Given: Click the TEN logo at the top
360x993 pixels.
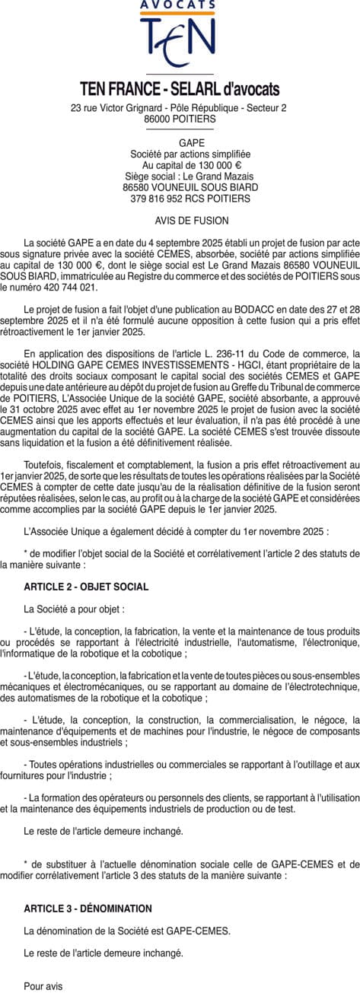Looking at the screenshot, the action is pyautogui.click(x=180, y=42).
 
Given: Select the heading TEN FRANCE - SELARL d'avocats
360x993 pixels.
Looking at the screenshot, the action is pyautogui.click(x=180, y=89).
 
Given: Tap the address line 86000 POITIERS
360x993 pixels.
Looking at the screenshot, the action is pyautogui.click(x=180, y=119).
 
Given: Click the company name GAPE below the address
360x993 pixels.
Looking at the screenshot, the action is pyautogui.click(x=180, y=142).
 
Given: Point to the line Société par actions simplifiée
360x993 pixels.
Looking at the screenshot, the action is pyautogui.click(x=180, y=154).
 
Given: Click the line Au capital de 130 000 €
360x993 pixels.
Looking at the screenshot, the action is pyautogui.click(x=180, y=165).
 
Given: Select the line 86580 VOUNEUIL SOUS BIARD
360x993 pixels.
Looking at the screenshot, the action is pyautogui.click(x=180, y=187).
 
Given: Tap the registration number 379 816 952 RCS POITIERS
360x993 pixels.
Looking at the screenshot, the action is pyautogui.click(x=180, y=199).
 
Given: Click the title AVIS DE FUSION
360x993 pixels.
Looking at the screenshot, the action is pyautogui.click(x=180, y=221).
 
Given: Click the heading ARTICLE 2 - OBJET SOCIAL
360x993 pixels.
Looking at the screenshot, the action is pyautogui.click(x=86, y=587).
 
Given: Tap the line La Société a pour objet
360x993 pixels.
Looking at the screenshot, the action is pyautogui.click(x=74, y=609).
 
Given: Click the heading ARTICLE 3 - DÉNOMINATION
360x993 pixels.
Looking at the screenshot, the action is pyautogui.click(x=88, y=909).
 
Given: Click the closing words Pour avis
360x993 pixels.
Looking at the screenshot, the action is pyautogui.click(x=43, y=986).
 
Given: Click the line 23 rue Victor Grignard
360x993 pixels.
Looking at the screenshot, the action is pyautogui.click(x=180, y=108).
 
